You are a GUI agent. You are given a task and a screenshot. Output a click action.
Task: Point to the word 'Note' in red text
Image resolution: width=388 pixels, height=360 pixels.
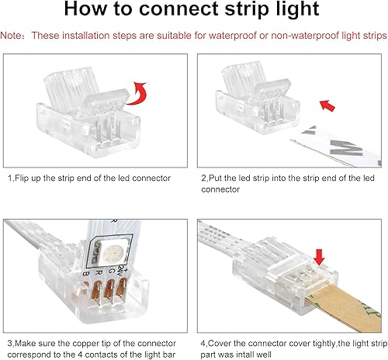pos(12,36)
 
